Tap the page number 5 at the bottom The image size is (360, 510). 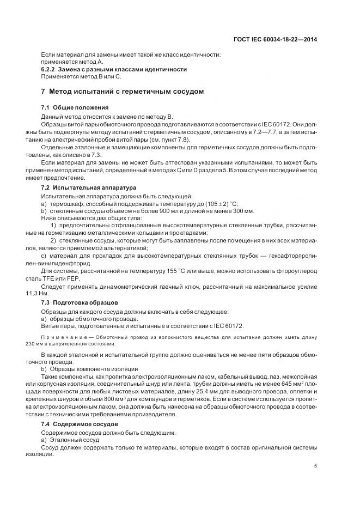point(316,466)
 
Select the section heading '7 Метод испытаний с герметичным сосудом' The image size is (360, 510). point(123,92)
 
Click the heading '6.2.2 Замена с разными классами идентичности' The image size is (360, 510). point(114,70)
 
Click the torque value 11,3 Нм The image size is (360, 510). point(50,294)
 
